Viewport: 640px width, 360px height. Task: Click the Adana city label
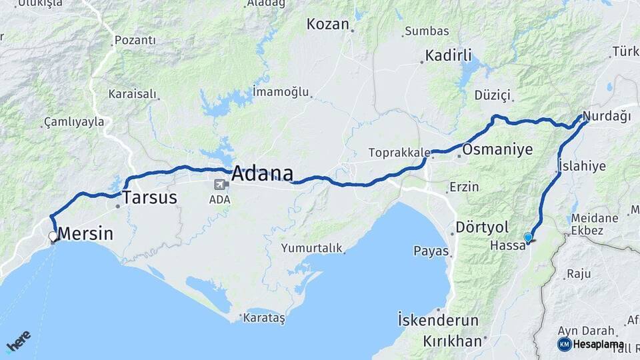[x=263, y=173]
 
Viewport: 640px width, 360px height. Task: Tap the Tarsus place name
[x=149, y=197]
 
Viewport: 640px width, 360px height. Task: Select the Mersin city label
[x=85, y=234]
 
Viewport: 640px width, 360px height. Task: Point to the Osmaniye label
[x=497, y=149]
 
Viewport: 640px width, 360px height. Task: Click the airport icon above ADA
[x=219, y=185]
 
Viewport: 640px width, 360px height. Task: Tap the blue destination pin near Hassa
[x=528, y=238]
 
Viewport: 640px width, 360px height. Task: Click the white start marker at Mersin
[x=53, y=236]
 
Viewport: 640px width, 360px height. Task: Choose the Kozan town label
[x=327, y=25]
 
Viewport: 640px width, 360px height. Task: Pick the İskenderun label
[x=437, y=319]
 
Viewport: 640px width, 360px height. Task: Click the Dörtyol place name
[x=482, y=227]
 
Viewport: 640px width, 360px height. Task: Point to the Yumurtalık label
[x=311, y=248]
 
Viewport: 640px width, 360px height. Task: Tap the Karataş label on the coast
[x=265, y=319]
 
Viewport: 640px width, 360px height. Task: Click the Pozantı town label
[x=135, y=41]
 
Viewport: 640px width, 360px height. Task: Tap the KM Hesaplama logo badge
[x=591, y=344]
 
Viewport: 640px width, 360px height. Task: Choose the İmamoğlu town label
[x=281, y=91]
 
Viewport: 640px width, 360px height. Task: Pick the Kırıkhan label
[x=452, y=341]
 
